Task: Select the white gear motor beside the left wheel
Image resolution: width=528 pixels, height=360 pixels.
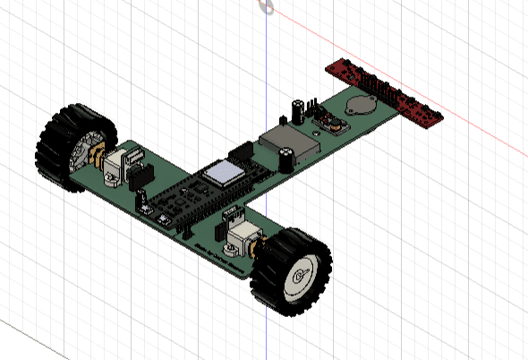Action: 115,167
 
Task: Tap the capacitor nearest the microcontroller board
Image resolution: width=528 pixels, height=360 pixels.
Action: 285,159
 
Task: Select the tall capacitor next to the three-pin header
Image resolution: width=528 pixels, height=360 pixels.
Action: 294,110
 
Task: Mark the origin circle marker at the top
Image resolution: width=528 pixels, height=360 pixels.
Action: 266,6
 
